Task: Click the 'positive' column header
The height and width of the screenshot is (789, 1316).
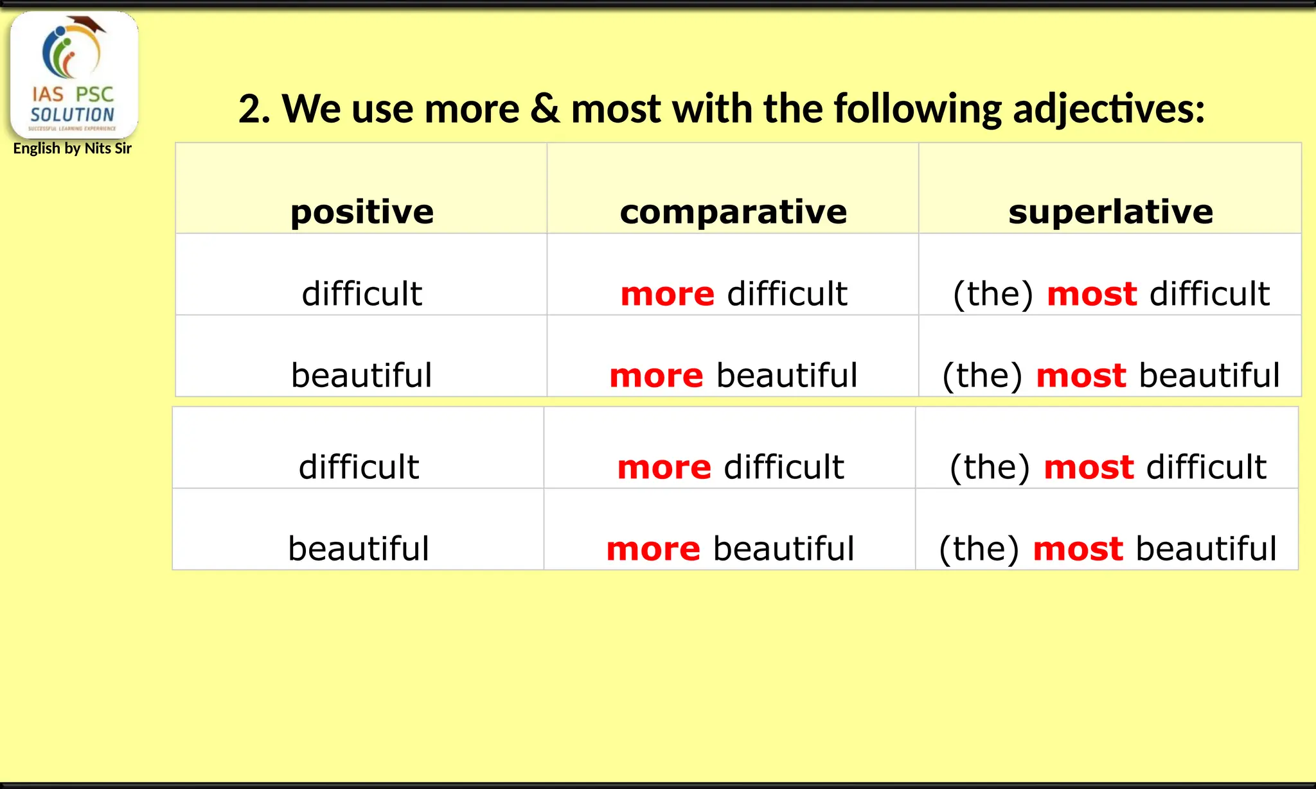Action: click(x=362, y=212)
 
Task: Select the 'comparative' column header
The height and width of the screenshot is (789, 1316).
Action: click(x=733, y=212)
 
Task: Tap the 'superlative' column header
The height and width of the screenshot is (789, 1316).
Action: click(x=1110, y=212)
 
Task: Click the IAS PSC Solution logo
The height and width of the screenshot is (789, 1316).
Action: click(x=74, y=74)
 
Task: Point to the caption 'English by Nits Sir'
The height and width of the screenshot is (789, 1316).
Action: click(x=72, y=149)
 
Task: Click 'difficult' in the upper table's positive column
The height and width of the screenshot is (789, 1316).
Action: click(x=362, y=294)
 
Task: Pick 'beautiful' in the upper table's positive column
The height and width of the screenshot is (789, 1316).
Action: click(x=362, y=376)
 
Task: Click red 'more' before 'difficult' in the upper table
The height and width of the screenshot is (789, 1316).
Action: click(x=667, y=295)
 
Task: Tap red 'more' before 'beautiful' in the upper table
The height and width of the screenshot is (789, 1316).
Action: click(x=656, y=376)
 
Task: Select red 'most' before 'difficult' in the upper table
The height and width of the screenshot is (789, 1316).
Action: click(x=1092, y=295)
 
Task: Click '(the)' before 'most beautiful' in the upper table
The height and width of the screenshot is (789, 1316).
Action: click(x=982, y=376)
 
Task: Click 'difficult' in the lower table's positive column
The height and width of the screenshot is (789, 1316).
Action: click(x=359, y=467)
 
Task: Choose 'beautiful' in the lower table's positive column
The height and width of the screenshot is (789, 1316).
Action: click(x=359, y=550)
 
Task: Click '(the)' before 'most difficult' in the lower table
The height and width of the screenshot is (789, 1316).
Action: click(x=990, y=467)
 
